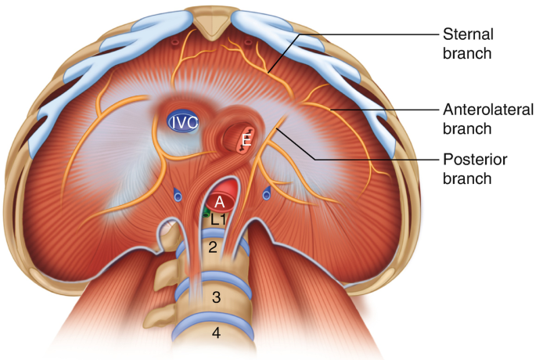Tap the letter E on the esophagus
pyautogui.click(x=246, y=141)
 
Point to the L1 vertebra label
pyautogui.click(x=219, y=221)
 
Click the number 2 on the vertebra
pyautogui.click(x=211, y=247)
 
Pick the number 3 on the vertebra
pyautogui.click(x=216, y=297)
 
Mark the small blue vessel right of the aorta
pyautogui.click(x=268, y=191)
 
